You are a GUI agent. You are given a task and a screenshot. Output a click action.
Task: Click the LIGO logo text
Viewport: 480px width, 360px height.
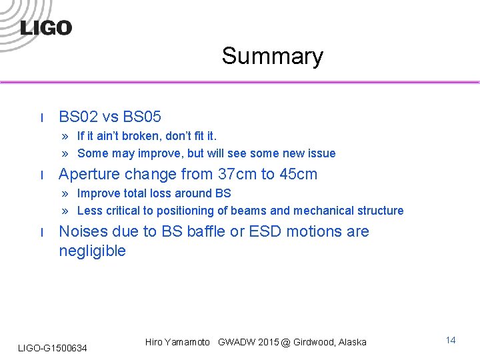[x=46, y=27]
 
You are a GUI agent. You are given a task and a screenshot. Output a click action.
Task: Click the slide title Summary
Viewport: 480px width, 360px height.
[x=272, y=56]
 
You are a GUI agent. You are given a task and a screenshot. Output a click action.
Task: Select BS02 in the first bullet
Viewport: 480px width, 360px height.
[x=79, y=117]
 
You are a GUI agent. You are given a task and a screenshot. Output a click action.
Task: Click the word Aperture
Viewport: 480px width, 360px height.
[x=88, y=175]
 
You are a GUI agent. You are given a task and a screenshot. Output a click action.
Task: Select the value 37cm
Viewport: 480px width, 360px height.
[x=237, y=175]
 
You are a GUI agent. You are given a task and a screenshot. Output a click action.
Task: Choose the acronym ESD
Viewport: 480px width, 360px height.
[x=268, y=231]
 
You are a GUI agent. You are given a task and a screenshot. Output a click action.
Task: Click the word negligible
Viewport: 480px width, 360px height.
[x=92, y=251]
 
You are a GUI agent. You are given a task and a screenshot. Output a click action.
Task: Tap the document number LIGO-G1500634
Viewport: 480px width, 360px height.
[x=52, y=347]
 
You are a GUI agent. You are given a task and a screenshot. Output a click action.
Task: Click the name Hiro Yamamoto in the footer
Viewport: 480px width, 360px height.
[x=177, y=342]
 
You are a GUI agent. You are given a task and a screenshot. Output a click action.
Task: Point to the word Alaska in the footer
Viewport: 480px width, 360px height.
[x=352, y=342]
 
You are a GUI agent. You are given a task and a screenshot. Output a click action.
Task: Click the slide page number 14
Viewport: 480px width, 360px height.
[x=451, y=341]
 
